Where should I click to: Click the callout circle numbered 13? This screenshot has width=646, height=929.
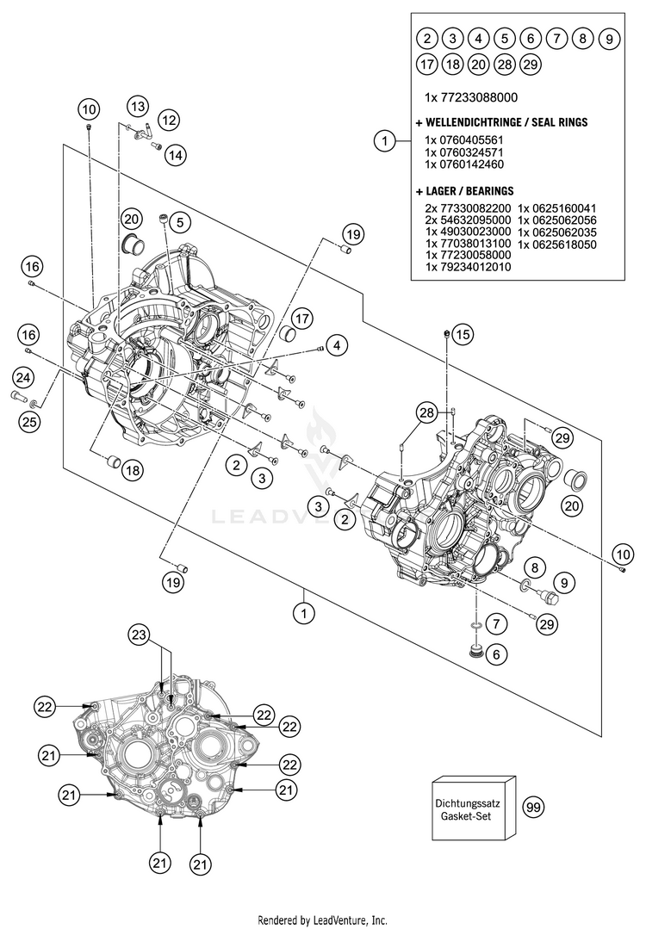138,106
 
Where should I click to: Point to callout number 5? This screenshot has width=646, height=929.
178,222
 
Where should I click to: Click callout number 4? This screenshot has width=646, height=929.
336,346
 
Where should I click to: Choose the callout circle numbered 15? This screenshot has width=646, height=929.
463,333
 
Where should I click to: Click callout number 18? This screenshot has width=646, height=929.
132,470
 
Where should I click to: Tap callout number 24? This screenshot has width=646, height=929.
24,376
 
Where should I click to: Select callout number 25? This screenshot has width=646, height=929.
29,421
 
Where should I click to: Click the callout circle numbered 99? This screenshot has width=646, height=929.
534,807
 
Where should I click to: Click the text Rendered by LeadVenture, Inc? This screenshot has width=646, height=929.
323,920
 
